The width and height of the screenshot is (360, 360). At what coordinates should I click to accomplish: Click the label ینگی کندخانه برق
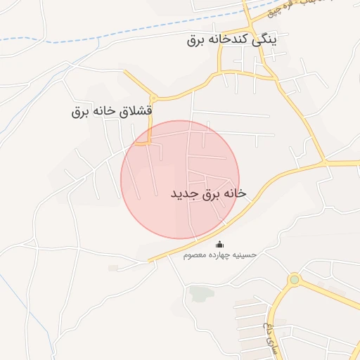click(x=232, y=39)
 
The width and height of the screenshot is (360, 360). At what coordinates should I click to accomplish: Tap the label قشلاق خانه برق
click(x=112, y=111)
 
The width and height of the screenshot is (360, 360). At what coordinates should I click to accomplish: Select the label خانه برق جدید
click(x=209, y=193)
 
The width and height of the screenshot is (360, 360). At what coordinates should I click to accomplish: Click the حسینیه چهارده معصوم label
click(x=220, y=255)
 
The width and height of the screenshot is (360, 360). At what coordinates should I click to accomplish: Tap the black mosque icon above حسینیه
click(x=220, y=244)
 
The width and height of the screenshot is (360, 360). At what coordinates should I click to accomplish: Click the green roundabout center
click(x=294, y=280)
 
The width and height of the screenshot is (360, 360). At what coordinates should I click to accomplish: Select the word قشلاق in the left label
click(x=138, y=111)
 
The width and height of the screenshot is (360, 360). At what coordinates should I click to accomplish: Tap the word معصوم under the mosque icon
click(x=195, y=255)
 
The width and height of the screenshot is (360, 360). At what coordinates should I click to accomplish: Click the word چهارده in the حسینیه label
click(x=219, y=255)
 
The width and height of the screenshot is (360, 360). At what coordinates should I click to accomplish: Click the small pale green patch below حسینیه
click(x=200, y=292)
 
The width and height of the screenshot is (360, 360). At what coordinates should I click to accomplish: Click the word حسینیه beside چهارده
click(x=244, y=255)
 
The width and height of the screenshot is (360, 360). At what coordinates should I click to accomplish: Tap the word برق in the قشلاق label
click(x=79, y=111)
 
